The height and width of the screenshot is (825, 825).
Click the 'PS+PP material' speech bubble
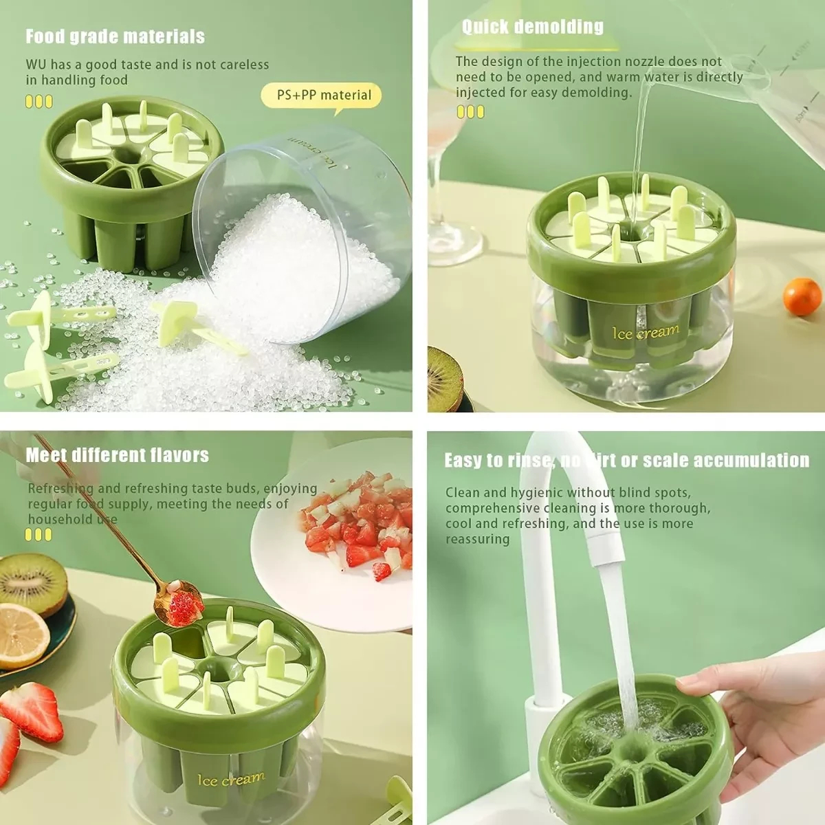[x=321, y=96]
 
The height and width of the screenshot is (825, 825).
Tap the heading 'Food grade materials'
[x=115, y=37]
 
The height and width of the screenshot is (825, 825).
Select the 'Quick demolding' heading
[x=533, y=27]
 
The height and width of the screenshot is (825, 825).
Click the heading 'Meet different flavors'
[x=118, y=455]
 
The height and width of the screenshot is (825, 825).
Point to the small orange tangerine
[x=802, y=297]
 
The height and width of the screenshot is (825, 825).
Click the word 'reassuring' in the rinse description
[x=477, y=540]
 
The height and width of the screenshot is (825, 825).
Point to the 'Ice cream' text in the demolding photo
[x=646, y=332]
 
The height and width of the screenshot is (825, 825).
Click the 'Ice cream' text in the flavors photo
[x=231, y=779]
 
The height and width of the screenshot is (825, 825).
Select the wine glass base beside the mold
[x=455, y=245]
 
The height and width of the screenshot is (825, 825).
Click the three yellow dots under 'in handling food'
[x=39, y=102]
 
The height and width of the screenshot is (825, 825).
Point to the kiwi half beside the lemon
[x=32, y=584]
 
